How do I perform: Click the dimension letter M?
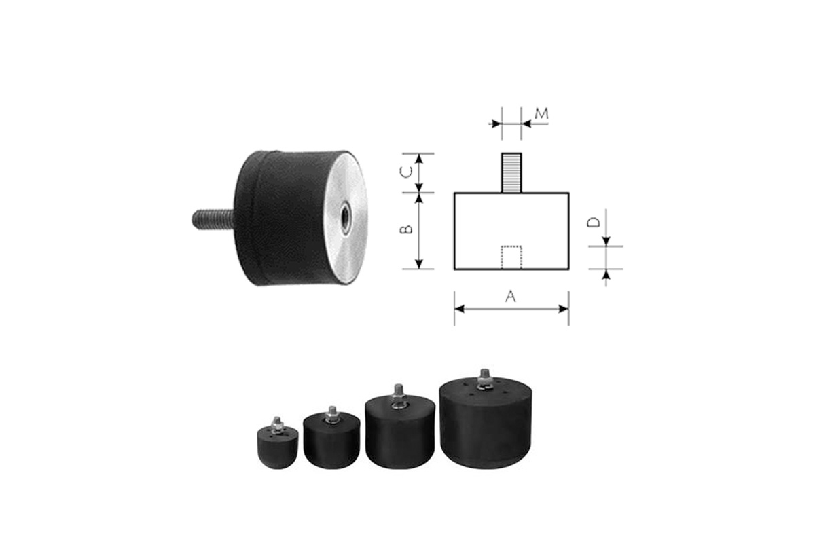coord(541,114)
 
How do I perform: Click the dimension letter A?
coord(511,297)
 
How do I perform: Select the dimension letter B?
coord(406,229)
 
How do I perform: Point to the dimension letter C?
coord(406,172)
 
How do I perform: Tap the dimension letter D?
coord(594,222)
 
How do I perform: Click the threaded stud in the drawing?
coord(511,173)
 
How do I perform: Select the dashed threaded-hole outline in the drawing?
coord(511,257)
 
